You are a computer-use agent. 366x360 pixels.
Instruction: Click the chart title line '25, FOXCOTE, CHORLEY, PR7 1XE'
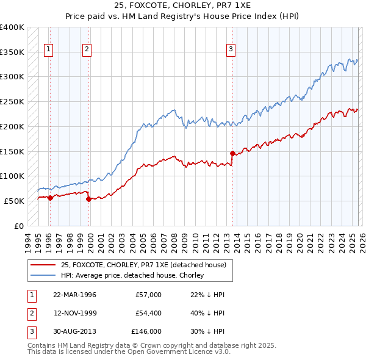tap(182, 5)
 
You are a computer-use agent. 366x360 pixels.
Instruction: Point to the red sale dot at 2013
tap(232, 153)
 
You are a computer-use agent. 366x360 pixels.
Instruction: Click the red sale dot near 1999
tap(89, 198)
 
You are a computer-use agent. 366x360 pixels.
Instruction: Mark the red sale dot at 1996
tap(50, 197)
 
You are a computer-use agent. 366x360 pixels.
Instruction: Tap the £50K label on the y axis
tap(15, 201)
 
